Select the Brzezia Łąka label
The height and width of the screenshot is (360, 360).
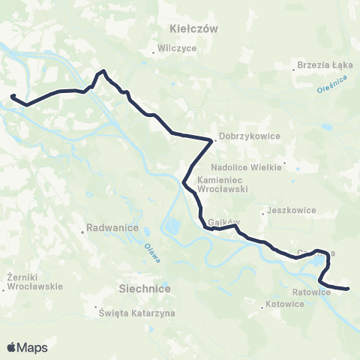[x=322, y=64]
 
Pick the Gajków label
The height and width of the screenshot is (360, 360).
[x=223, y=223]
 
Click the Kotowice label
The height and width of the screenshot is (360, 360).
[x=286, y=304]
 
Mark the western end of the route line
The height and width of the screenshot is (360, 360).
[x=12, y=96]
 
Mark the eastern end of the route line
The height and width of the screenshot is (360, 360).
[x=349, y=289]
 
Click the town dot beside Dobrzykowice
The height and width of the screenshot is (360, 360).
[x=215, y=137]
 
